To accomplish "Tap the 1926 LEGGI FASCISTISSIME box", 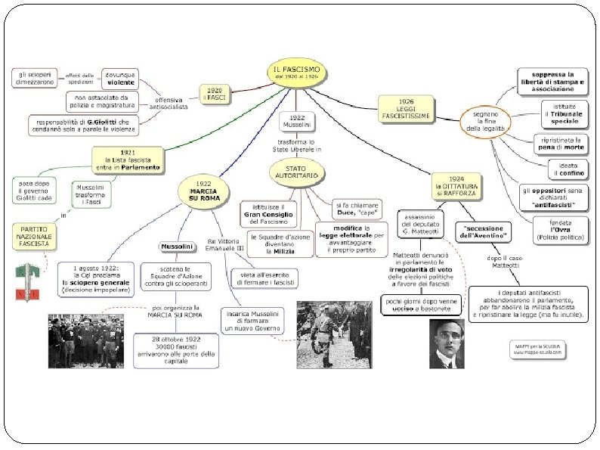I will [406, 109].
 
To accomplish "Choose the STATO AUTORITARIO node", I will [298, 170].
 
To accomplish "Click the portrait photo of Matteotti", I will [447, 344].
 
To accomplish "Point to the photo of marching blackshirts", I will [85, 340].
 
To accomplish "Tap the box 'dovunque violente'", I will [119, 78].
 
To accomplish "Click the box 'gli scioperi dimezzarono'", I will [37, 78].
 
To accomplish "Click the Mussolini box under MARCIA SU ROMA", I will [178, 247].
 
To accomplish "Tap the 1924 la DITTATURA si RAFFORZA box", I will [461, 182].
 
